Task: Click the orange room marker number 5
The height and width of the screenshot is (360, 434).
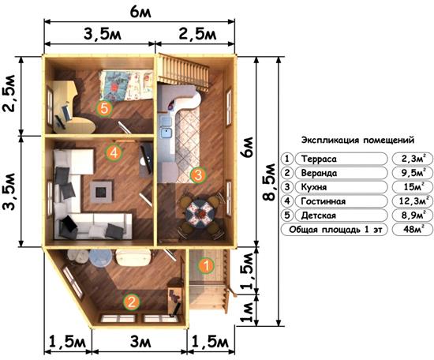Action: pyautogui.click(x=104, y=108)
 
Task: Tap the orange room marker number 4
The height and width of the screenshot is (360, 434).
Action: pyautogui.click(x=114, y=152)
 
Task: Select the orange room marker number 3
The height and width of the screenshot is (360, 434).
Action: pyautogui.click(x=198, y=174)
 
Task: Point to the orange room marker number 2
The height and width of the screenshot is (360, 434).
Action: pyautogui.click(x=131, y=302)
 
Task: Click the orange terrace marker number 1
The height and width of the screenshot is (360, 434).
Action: pyautogui.click(x=206, y=265)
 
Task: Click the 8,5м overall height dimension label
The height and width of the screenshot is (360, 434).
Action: pyautogui.click(x=269, y=182)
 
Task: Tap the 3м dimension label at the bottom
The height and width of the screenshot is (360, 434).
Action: pyautogui.click(x=140, y=342)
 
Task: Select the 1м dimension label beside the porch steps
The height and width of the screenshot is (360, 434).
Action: pyautogui.click(x=248, y=311)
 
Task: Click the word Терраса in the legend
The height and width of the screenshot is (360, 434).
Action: pyautogui.click(x=319, y=159)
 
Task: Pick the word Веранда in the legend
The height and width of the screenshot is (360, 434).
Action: pyautogui.click(x=319, y=173)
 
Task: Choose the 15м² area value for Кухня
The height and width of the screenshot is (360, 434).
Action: pyautogui.click(x=413, y=187)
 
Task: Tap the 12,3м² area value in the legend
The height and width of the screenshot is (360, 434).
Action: pyautogui.click(x=413, y=201)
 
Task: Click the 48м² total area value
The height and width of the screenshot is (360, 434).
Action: pyautogui.click(x=413, y=229)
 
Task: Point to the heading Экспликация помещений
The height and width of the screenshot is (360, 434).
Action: pyautogui.click(x=357, y=140)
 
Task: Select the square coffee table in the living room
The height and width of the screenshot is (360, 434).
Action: pyautogui.click(x=102, y=192)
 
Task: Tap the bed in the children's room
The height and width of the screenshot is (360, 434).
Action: pyautogui.click(x=126, y=85)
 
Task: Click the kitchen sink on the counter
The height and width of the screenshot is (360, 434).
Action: pyautogui.click(x=166, y=133)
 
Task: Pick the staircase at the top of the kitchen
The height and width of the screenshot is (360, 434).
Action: pyautogui.click(x=183, y=73)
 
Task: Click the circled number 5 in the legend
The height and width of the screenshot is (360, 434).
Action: pyautogui.click(x=287, y=216)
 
